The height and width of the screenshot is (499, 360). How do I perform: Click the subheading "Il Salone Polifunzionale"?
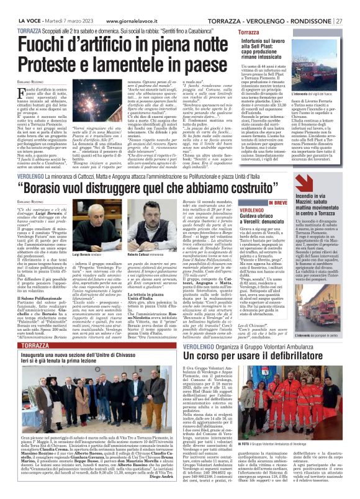click(40, 297)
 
